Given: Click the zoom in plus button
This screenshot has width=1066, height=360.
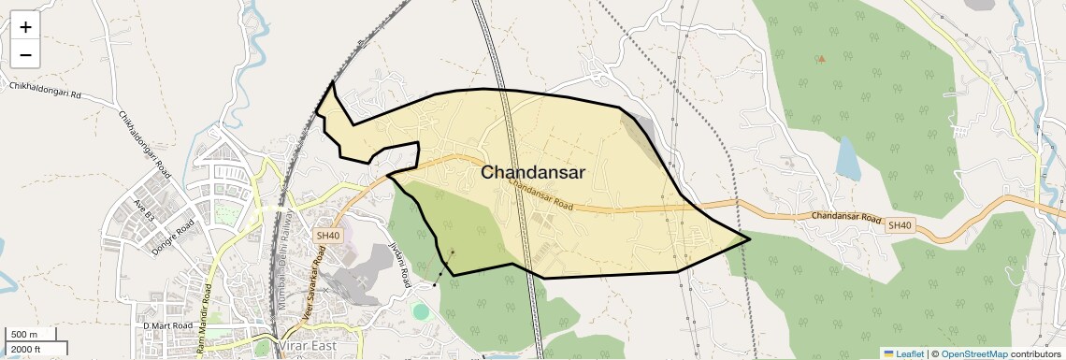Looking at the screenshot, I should (x=25, y=27).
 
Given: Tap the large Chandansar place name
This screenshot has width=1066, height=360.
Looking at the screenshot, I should (x=533, y=172).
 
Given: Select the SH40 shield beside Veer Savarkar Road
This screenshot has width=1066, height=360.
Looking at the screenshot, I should (x=328, y=237).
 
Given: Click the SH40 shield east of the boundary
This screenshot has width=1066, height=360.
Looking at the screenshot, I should (x=899, y=225).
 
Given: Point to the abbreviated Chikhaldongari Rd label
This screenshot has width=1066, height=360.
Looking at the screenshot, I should (x=45, y=92).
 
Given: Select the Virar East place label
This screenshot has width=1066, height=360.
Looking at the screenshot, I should (x=309, y=346).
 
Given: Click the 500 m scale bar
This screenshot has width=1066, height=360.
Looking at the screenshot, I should (x=31, y=335).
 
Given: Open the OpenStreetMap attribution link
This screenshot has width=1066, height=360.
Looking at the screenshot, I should (x=974, y=353).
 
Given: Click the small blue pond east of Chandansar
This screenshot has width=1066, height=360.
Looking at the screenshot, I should (x=847, y=159).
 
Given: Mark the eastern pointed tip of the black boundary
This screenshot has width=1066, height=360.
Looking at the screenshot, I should (x=750, y=238).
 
